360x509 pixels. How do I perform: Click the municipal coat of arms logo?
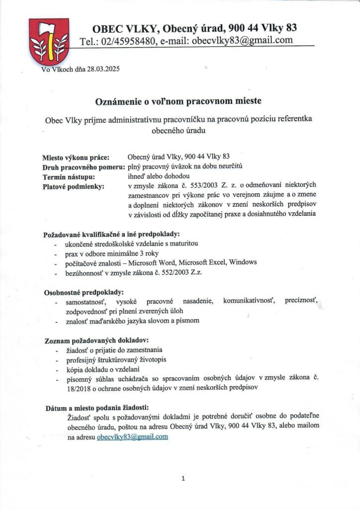pos(49,40)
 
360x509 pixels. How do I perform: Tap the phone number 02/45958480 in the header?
pos(126,41)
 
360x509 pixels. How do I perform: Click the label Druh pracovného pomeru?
pos(84,167)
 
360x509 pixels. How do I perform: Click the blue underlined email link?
pos(133,437)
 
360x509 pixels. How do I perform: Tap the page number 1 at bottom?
pos(183,479)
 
